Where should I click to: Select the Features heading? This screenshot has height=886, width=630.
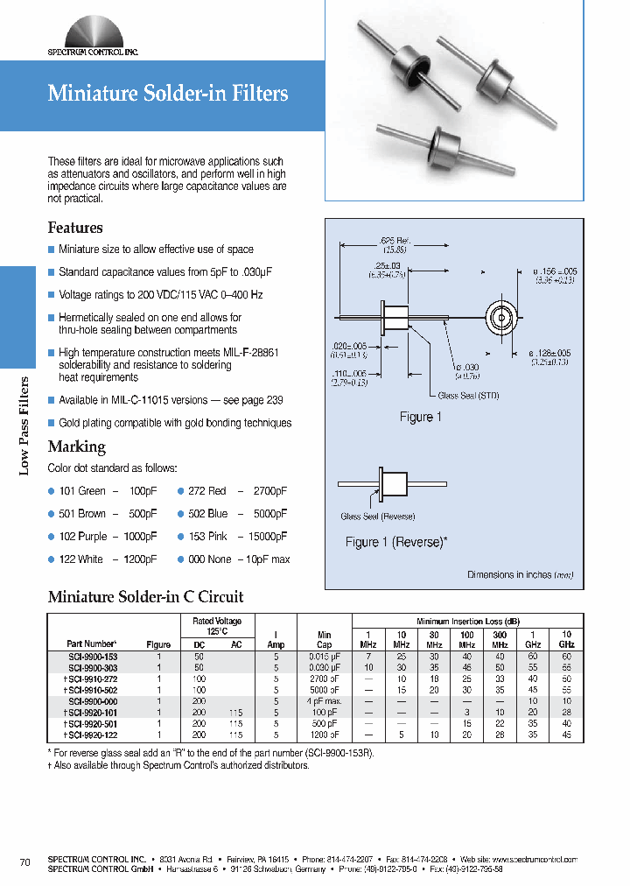[x=75, y=228]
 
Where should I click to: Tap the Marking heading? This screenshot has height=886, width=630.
[x=77, y=447]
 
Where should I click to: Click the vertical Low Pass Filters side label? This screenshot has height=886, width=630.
[x=24, y=425]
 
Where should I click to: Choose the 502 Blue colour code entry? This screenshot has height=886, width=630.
[x=233, y=514]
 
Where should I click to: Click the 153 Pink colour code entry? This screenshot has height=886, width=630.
[x=233, y=537]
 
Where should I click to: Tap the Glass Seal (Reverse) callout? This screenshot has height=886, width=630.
[x=377, y=517]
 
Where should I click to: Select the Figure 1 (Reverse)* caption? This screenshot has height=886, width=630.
[x=396, y=542]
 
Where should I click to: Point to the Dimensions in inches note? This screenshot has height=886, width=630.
[x=521, y=575]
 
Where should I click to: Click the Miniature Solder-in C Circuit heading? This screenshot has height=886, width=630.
[x=145, y=597]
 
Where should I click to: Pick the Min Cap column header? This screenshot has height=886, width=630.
[x=325, y=638]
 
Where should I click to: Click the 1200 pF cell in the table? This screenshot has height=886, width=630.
[x=325, y=735]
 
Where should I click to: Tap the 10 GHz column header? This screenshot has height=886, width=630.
[x=566, y=638]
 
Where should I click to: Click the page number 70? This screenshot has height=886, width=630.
[x=24, y=863]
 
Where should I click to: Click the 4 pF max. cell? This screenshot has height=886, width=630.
[x=325, y=701]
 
